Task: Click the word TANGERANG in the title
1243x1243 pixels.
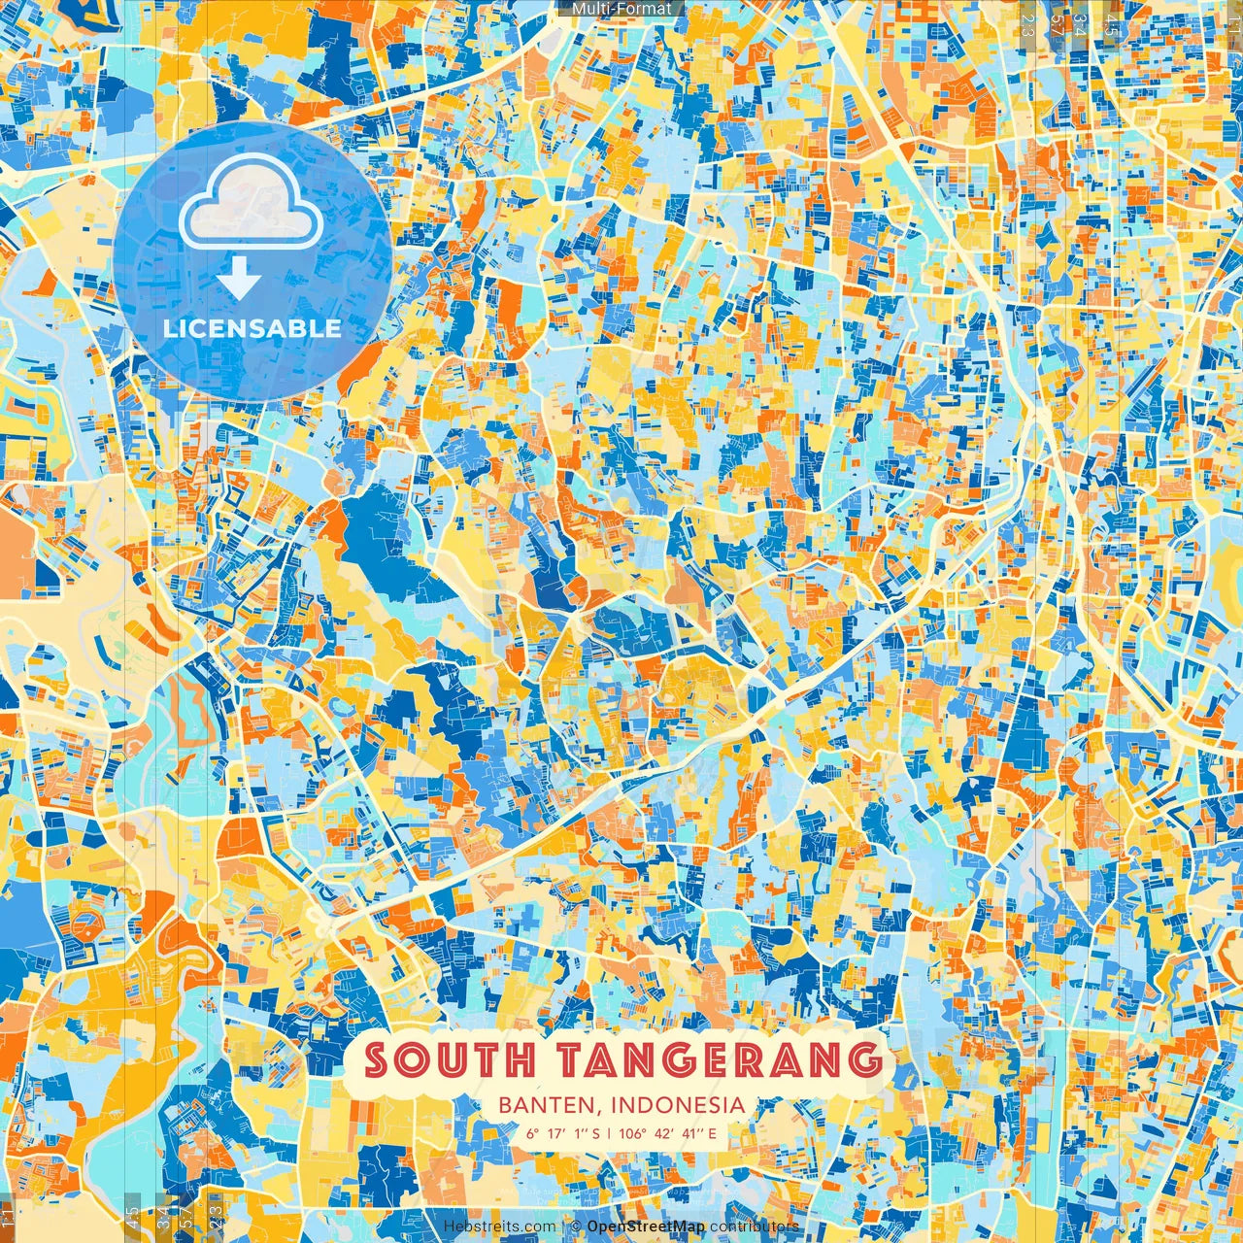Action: (714, 1059)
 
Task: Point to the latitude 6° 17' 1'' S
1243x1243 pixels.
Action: (564, 1133)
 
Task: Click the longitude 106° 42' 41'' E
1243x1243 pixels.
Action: (669, 1133)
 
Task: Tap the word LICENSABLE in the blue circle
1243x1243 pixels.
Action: (252, 328)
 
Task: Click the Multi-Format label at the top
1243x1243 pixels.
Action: (621, 9)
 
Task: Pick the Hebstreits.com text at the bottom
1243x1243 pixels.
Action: (500, 1226)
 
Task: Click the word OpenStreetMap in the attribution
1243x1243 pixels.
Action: (646, 1226)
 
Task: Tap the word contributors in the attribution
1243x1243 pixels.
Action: (755, 1226)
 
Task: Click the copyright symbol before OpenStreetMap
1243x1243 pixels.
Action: (576, 1226)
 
